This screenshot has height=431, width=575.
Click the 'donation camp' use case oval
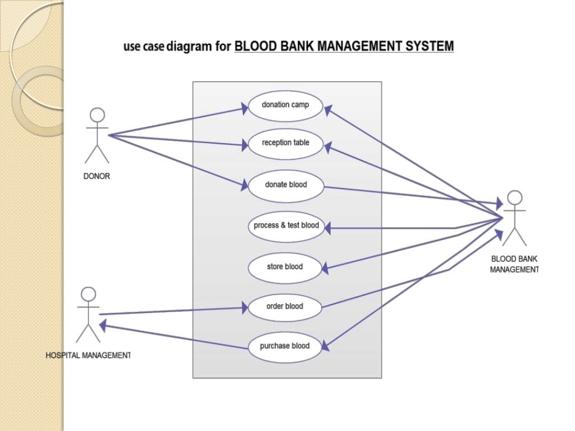[x=286, y=105]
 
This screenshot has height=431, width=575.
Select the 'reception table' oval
[x=286, y=143]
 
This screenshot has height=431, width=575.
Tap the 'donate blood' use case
[x=286, y=185]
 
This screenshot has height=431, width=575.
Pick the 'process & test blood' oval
[x=286, y=226]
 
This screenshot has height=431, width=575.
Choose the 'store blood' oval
[x=285, y=267]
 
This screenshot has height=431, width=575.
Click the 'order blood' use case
[x=285, y=306]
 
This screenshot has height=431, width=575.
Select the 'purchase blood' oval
[x=285, y=346]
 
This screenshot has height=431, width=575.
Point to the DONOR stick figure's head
[x=97, y=115]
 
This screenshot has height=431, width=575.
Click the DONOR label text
[x=97, y=176]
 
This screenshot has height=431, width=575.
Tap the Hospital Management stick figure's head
[x=88, y=294]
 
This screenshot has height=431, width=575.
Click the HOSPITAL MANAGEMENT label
[x=88, y=356]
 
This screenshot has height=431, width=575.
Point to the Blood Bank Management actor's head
[x=514, y=198]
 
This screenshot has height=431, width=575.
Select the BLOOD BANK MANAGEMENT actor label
[x=514, y=264]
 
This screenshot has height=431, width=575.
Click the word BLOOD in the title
[x=254, y=47]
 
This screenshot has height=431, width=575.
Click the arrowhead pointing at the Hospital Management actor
[x=104, y=326]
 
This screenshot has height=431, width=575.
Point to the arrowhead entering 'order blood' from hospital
[x=245, y=308]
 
